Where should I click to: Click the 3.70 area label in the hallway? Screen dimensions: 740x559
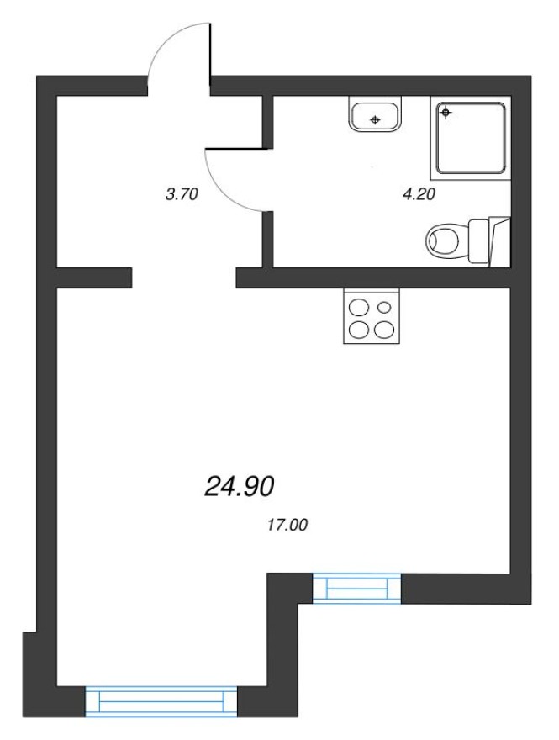tap(182, 194)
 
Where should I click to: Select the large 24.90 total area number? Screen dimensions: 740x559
tap(240, 485)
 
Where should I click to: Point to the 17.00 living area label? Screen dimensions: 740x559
tap(287, 526)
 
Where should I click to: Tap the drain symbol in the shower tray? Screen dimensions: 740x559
tap(446, 112)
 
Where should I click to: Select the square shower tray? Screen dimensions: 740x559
tap(471, 138)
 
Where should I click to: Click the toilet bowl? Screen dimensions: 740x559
tap(445, 240)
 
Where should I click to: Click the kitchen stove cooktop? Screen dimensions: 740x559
tap(372, 316)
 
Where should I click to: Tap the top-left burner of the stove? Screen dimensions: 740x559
tap(359, 306)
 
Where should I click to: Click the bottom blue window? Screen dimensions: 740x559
tap(161, 700)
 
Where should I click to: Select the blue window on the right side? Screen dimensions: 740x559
tap(358, 588)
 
